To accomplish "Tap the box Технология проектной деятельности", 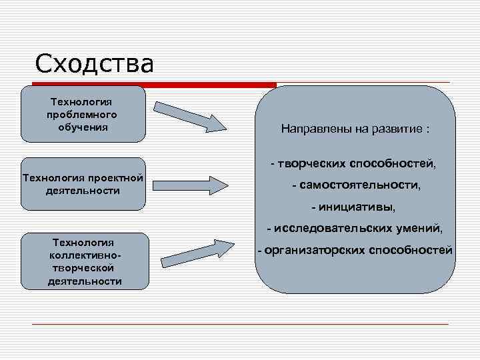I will click(x=83, y=184).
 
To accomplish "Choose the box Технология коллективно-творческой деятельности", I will click(x=85, y=261).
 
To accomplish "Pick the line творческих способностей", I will click(x=353, y=163).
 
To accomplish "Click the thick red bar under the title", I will click(x=155, y=85).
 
